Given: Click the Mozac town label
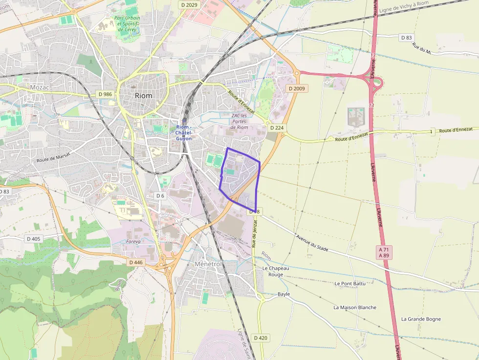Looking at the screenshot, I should coord(40,87).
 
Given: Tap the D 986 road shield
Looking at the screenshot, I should coord(105,94).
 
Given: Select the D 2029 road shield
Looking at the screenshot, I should coord(188,4).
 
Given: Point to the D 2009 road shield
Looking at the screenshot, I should coord(297,88).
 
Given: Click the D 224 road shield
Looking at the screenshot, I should coord(276,127).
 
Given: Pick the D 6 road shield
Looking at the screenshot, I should coord(160,195).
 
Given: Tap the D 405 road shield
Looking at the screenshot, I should coord(34,239).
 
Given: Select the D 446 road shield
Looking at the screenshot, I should coord(136,262).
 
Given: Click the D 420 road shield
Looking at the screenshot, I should coord(261,338).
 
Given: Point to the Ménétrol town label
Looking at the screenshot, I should coord(208,264).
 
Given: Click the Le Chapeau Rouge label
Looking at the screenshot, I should coord(276,271).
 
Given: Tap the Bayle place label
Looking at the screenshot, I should coord(283,294).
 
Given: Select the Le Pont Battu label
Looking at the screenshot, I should coord(350,283).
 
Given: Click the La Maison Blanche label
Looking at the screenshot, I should coord(355,307).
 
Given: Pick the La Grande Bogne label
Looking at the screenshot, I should coord(421,319).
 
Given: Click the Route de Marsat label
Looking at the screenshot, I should coord(54,157).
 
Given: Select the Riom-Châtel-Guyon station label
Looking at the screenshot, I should coord(184,133).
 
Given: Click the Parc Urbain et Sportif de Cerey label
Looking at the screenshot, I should coord(127,23).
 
